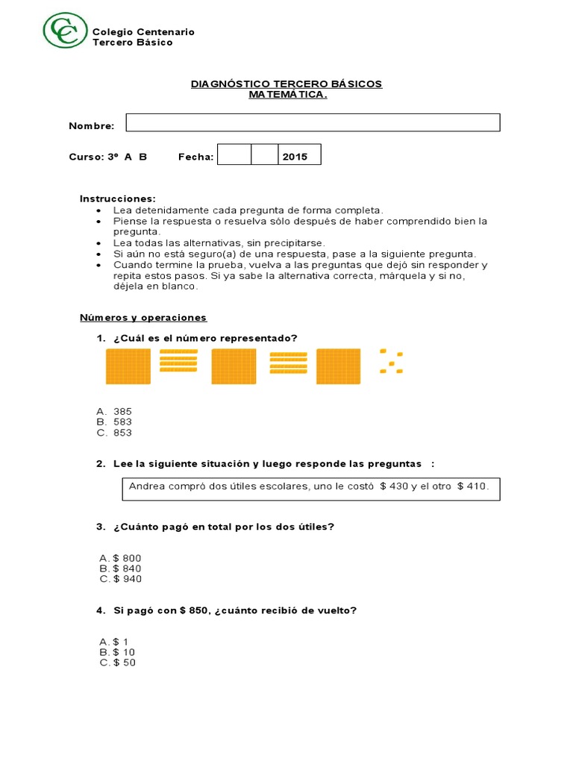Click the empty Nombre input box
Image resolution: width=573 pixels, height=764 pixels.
click(313, 123)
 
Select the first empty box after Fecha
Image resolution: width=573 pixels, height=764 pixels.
click(234, 155)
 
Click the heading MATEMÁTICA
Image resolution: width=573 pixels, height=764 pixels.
click(287, 95)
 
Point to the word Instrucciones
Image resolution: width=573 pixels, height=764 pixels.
click(118, 198)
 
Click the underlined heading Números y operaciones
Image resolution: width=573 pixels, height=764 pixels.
click(143, 317)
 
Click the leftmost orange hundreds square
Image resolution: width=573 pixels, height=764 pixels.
click(129, 366)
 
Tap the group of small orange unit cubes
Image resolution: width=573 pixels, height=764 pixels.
click(390, 360)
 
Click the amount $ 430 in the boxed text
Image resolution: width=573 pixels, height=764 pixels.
click(394, 486)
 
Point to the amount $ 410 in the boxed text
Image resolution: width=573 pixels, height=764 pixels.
click(472, 486)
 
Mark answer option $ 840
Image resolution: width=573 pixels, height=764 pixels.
click(126, 569)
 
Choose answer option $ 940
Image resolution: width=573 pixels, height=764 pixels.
click(126, 579)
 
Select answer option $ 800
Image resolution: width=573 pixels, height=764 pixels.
click(126, 558)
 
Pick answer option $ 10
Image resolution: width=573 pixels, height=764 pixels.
click(123, 652)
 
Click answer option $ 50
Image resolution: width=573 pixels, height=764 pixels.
click(123, 663)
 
